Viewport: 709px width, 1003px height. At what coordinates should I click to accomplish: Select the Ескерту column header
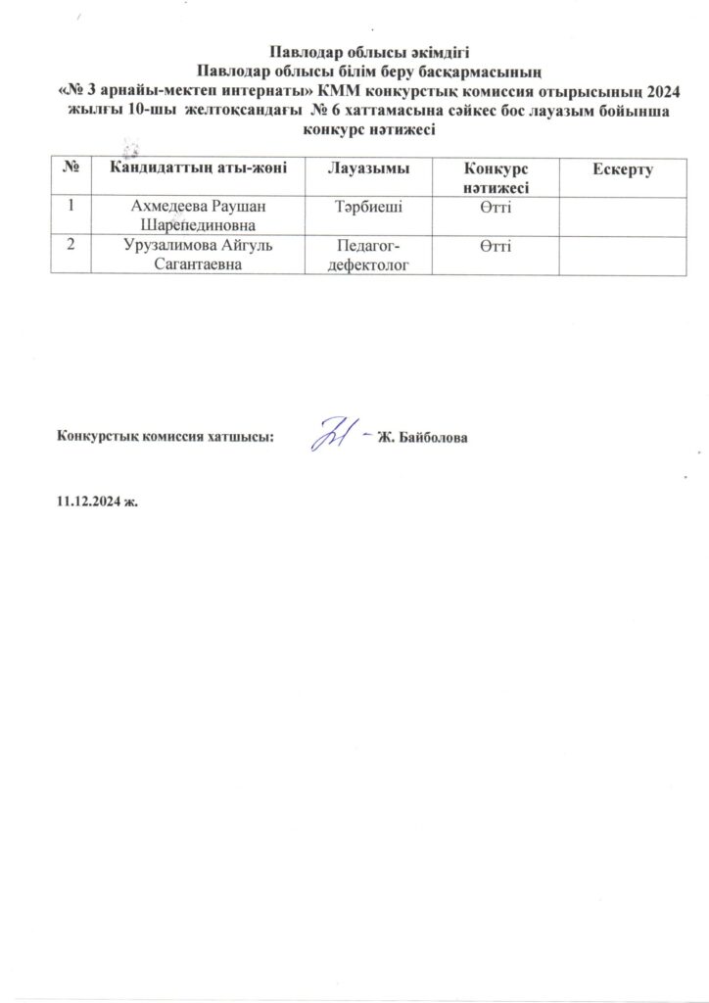(x=621, y=170)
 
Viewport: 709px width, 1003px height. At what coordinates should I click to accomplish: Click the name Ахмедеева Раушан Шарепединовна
(x=199, y=215)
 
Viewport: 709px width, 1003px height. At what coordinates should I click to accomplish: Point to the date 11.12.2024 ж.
(x=98, y=501)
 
